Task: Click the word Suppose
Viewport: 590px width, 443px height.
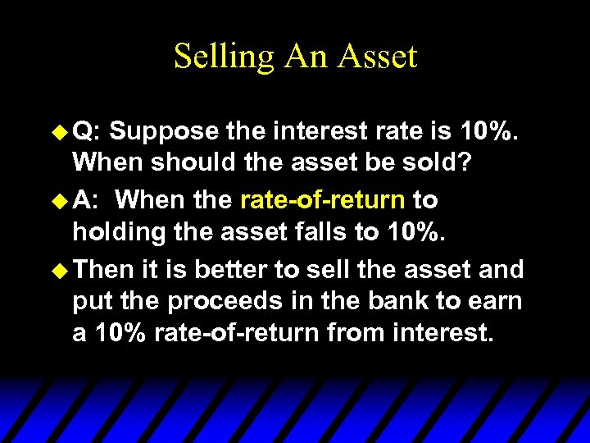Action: point(164,131)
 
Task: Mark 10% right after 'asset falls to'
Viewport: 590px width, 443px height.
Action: point(416,233)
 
